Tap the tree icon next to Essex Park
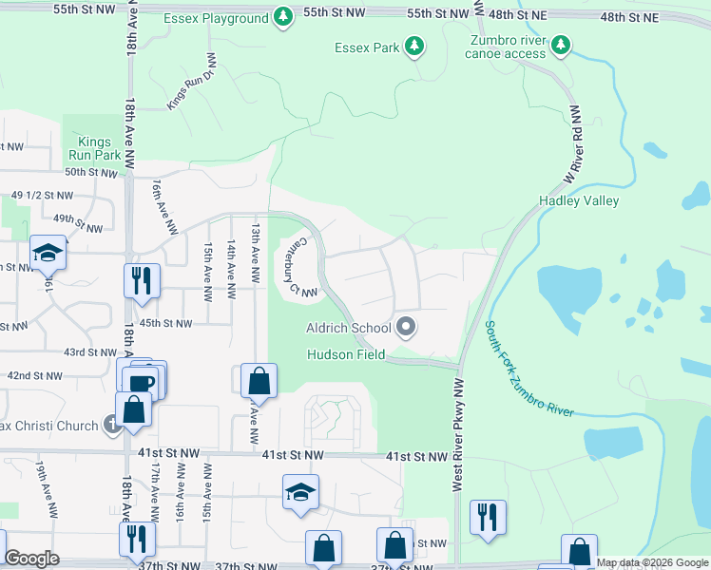click(413, 46)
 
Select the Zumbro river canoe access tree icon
click(562, 45)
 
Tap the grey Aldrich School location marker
click(406, 328)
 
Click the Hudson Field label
click(345, 354)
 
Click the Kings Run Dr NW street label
click(193, 80)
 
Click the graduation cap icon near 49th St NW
click(47, 253)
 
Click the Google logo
click(31, 559)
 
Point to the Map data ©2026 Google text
click(651, 562)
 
